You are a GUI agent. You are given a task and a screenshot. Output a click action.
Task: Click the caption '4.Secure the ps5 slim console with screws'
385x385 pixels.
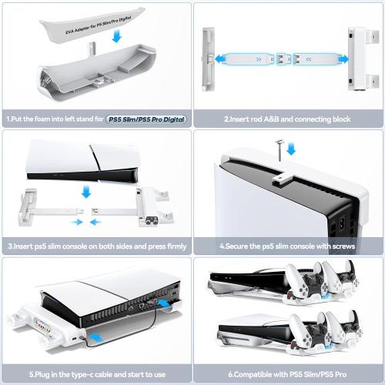coord(287,246)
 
